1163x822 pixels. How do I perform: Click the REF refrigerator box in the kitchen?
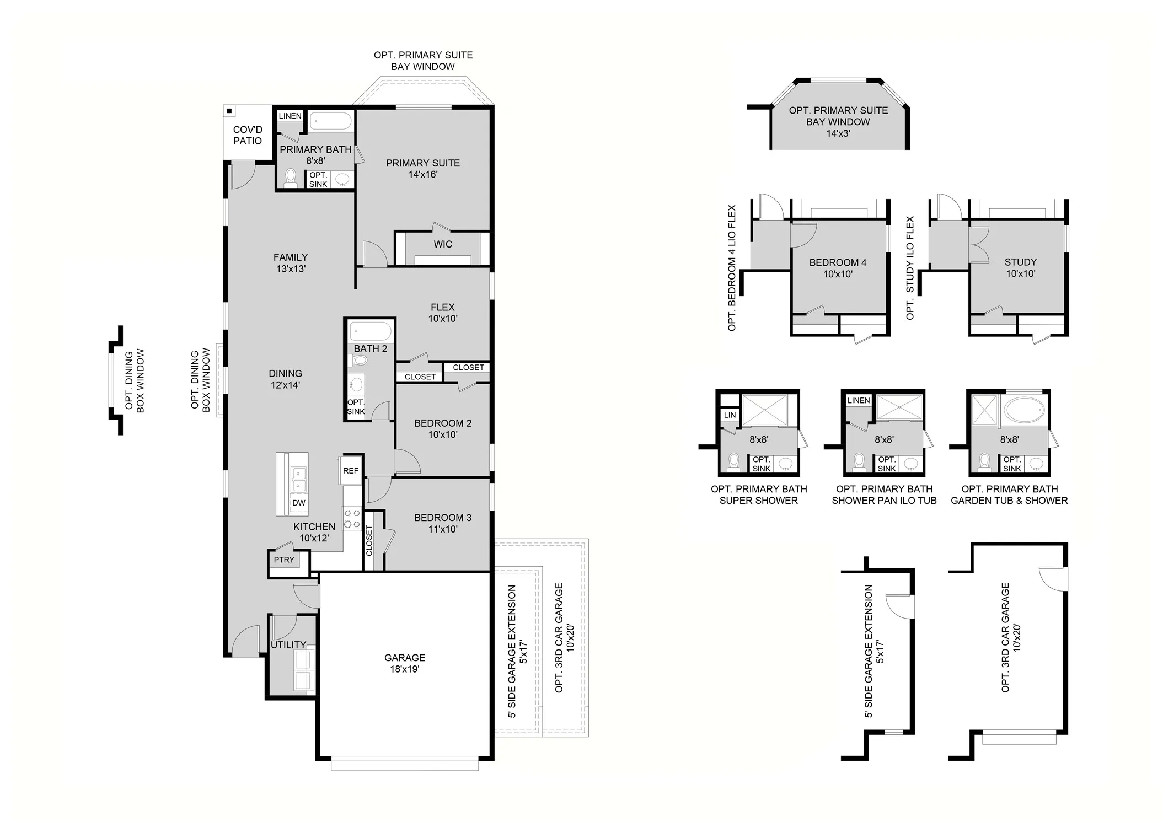click(x=351, y=470)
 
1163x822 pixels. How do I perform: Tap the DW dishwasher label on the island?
click(x=299, y=502)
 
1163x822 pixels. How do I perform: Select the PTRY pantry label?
click(x=284, y=560)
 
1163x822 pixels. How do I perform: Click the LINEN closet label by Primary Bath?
click(x=290, y=116)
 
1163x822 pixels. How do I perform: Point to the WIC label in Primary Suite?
click(x=443, y=244)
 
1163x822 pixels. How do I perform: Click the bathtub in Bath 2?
click(x=371, y=331)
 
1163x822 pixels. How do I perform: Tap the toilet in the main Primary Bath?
click(x=290, y=178)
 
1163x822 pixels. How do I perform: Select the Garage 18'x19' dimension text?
click(x=405, y=669)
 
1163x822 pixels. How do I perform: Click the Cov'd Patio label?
click(x=248, y=135)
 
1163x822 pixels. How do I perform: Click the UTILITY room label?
click(x=288, y=644)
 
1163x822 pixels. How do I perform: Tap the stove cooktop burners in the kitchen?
click(x=352, y=519)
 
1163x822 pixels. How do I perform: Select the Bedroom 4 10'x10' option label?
click(x=838, y=268)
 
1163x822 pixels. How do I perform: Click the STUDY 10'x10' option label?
click(x=1020, y=267)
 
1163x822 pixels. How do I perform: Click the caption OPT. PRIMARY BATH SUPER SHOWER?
click(x=758, y=495)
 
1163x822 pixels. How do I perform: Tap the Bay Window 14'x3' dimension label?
click(x=838, y=133)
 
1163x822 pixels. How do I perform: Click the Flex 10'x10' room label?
click(x=443, y=313)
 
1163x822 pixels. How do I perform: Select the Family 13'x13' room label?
click(x=291, y=263)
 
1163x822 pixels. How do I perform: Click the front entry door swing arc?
click(x=245, y=640)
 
